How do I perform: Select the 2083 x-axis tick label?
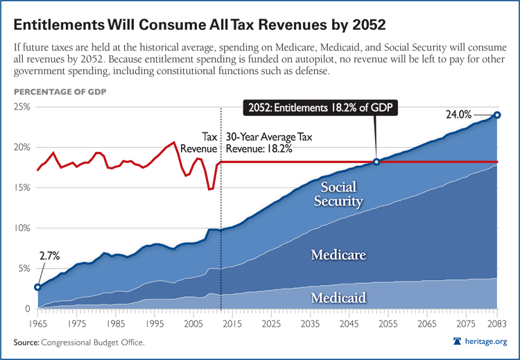[x=496, y=323]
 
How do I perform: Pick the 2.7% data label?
[x=49, y=256]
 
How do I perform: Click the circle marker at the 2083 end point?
[x=497, y=115]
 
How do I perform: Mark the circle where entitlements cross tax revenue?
[x=376, y=162]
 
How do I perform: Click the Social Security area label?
[x=339, y=195]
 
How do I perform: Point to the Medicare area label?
[x=338, y=255]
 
